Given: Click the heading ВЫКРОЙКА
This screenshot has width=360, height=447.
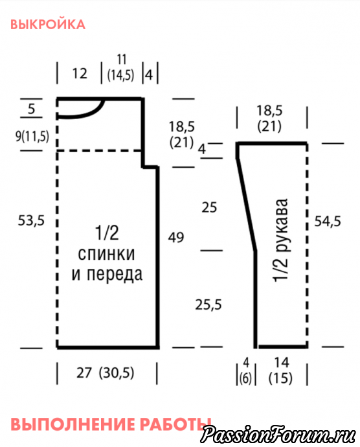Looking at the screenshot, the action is coord(48,25).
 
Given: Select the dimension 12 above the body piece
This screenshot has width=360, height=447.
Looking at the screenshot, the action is coord(80,74).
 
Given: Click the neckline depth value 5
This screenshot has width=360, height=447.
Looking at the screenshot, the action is coord(31,109).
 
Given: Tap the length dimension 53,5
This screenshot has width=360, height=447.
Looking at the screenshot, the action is coord(31,220).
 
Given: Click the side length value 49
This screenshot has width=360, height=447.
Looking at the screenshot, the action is coord(176,237).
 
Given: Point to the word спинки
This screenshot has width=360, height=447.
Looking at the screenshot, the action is coord(106,253).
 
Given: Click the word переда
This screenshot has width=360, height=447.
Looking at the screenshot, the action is coord(115,274).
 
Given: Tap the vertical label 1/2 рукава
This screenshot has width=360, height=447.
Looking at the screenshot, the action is coord(280,240).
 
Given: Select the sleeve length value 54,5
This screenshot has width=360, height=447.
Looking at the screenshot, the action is coord(328,221).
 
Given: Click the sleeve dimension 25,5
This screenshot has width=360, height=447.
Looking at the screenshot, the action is coord(208,304).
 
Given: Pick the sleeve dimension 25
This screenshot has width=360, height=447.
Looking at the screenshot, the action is coord(210,207).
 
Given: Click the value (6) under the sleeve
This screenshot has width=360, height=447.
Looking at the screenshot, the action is coord(245,378).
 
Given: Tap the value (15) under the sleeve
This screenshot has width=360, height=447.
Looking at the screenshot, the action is coord(280,378).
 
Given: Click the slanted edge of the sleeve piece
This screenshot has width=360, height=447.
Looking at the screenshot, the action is coord(246,205).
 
